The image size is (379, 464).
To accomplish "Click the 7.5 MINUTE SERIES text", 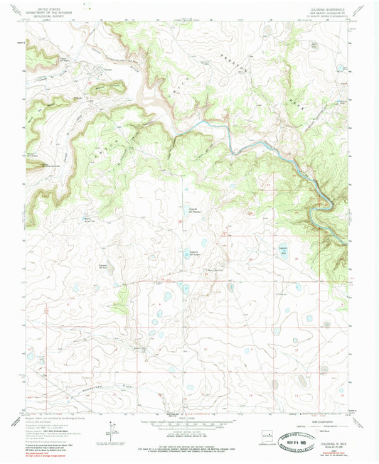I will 326,16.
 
